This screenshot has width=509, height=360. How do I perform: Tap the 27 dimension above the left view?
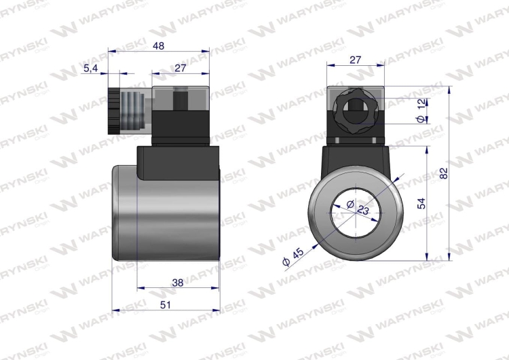[x=181, y=68]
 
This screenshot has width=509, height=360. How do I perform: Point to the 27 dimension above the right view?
[x=355, y=60]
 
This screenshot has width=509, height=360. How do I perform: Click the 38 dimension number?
[x=177, y=282]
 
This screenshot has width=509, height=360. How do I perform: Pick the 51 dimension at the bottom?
[x=166, y=305]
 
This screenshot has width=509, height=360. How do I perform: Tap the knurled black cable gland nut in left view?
[x=113, y=110]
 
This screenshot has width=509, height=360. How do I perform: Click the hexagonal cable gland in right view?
[x=355, y=108]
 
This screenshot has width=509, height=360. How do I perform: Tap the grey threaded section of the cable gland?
[x=134, y=110]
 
